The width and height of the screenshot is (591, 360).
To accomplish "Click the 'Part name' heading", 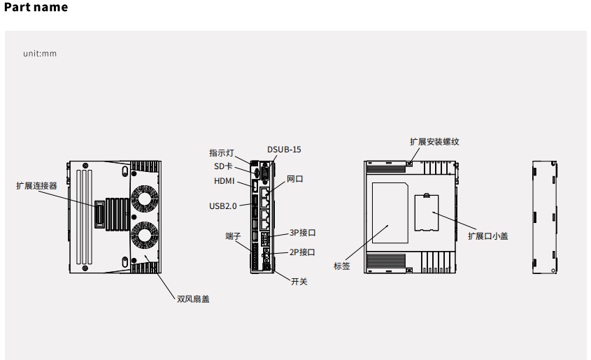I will pos(36,8).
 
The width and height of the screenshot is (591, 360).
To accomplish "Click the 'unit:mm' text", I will pos(40,54).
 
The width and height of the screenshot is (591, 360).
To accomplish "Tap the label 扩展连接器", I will pos(36,186).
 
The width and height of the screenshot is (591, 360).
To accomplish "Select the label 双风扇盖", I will pos(192,299).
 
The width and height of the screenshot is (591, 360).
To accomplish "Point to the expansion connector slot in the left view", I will pos(100,214).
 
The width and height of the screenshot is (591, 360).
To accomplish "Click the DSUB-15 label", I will pos(284,150).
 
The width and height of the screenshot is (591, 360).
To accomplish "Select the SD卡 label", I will pos(223,166).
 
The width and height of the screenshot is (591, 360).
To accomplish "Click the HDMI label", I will pos(225,181).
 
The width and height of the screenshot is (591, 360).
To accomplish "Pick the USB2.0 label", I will pos(223,206).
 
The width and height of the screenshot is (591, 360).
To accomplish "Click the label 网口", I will pos(295,180).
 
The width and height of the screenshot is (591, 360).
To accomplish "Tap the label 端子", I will pos(233,236).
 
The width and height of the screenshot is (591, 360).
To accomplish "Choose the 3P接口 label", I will pos(302,233).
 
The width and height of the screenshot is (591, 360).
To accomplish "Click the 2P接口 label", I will pos(302,252).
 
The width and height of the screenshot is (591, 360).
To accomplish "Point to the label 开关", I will pos(299,282).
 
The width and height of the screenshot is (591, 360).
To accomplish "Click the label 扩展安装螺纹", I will pos(434,141).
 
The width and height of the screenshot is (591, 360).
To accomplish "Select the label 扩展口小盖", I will pos(487,236).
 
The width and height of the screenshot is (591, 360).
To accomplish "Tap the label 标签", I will pos(341,266).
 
